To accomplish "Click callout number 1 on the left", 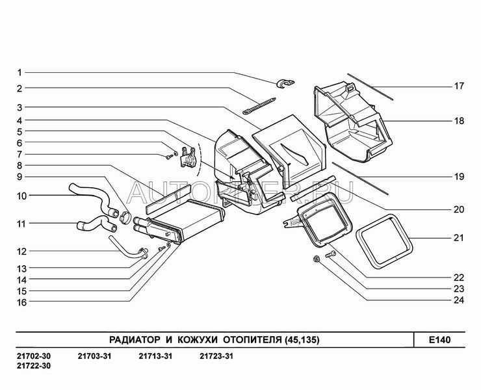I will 19,72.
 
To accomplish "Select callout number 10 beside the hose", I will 21,195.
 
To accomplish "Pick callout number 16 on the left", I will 21,302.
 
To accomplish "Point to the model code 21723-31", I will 216,356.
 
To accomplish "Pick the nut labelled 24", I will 316,260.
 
